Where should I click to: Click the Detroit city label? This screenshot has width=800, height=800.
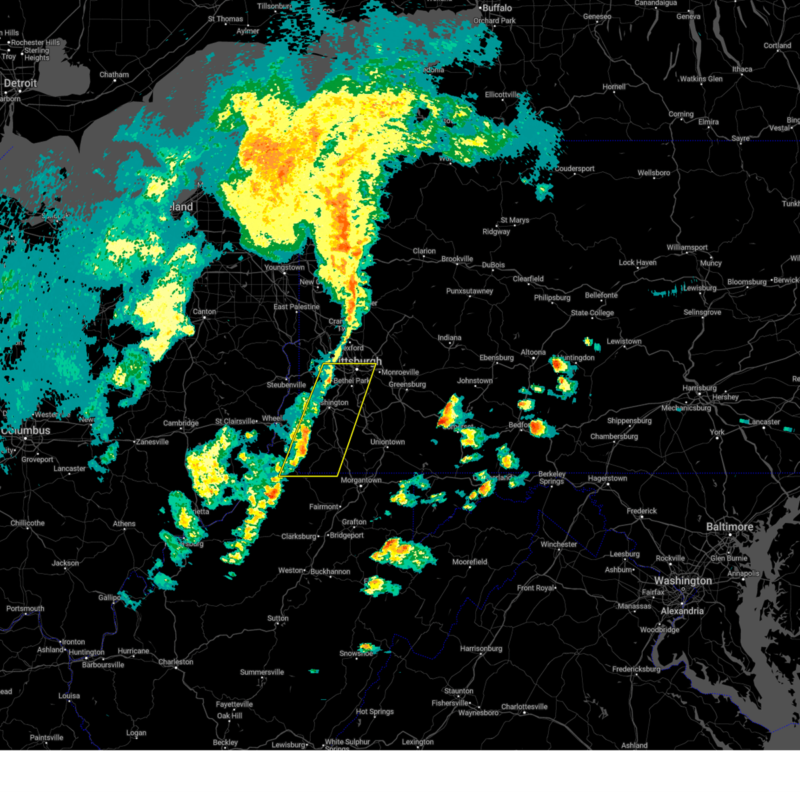(20, 84)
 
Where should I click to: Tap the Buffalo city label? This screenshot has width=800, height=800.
(497, 8)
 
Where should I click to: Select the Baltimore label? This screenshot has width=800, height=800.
(729, 527)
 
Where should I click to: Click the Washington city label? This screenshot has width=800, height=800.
(683, 581)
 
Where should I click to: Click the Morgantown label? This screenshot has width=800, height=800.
(361, 480)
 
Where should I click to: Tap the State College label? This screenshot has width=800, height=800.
(592, 313)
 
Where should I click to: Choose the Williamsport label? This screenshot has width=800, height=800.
(687, 247)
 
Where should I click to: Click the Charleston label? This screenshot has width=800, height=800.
(176, 662)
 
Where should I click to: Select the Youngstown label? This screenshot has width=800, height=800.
(285, 267)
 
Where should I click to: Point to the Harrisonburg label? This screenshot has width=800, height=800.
(481, 649)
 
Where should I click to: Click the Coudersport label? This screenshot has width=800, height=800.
(575, 169)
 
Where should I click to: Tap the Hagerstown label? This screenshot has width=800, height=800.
(607, 478)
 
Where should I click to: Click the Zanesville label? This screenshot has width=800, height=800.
(152, 442)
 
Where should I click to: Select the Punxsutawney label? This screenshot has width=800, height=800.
(469, 291)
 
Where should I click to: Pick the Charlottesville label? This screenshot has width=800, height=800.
(525, 707)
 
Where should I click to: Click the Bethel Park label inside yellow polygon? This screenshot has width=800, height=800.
(352, 381)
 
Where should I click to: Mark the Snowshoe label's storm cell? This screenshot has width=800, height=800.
(367, 647)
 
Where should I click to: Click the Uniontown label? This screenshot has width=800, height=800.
(388, 442)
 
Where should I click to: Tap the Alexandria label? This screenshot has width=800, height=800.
(682, 611)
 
